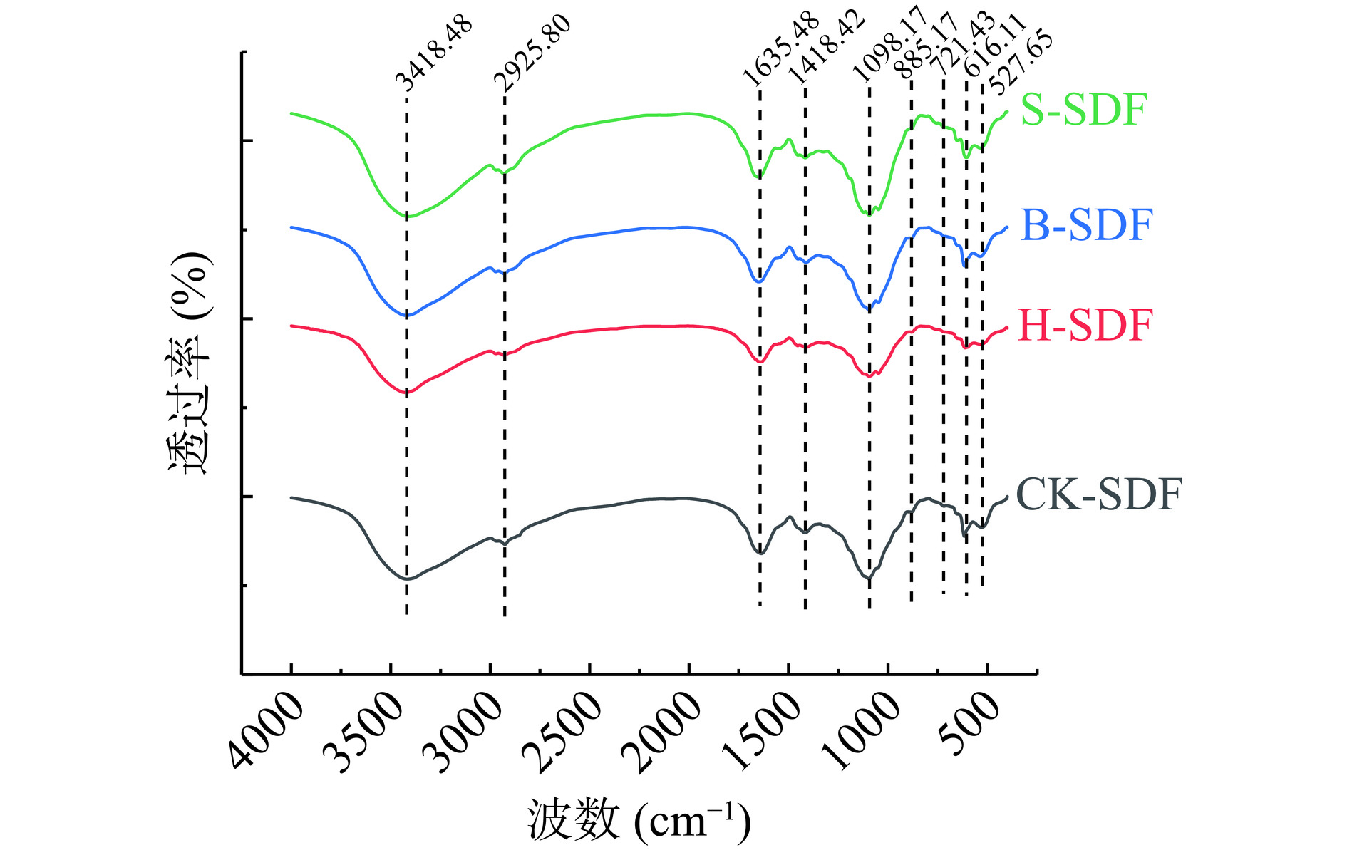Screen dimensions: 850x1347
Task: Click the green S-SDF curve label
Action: [1083, 110]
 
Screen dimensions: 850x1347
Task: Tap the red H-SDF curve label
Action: [1084, 326]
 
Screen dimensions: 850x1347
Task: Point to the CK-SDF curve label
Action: [1098, 494]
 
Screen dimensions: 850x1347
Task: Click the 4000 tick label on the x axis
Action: [265, 732]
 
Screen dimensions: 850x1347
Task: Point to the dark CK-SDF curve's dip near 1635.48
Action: [760, 552]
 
